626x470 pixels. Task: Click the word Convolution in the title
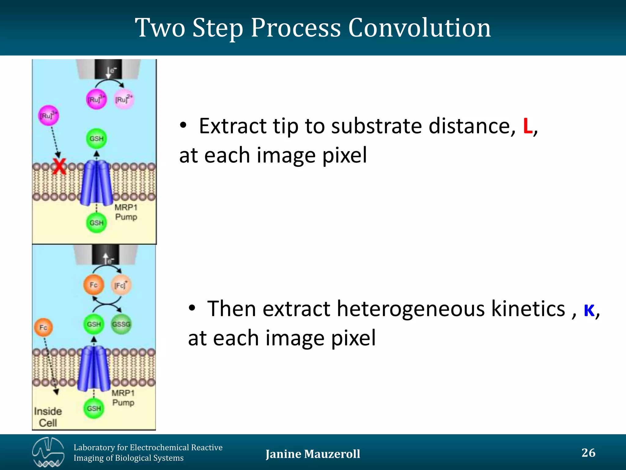coord(419,28)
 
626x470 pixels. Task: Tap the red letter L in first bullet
coord(527,126)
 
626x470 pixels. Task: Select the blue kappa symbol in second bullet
coord(589,310)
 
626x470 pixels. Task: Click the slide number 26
coord(588,453)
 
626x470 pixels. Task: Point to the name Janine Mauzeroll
coord(313,454)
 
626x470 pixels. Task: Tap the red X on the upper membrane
coord(59,166)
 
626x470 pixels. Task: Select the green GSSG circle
coord(121,324)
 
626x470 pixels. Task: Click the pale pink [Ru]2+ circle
coord(124,99)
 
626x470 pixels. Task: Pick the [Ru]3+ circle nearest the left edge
coord(48,116)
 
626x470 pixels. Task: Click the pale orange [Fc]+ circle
coord(121,285)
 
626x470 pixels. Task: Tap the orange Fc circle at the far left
coord(43,327)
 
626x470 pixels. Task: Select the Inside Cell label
coord(48,417)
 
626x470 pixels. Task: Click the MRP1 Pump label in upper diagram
coord(126,212)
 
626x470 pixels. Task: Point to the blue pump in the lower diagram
coord(94,369)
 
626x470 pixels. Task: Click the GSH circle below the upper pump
coord(96,223)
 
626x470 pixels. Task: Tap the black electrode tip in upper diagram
coord(108,69)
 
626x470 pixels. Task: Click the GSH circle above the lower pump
coord(94,324)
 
